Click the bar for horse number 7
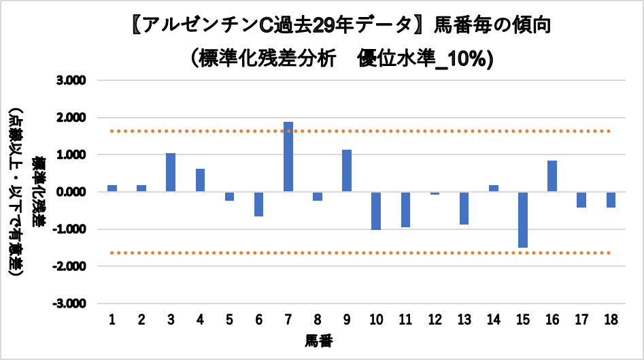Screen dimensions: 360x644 (288, 157)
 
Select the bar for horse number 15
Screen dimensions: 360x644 (523, 220)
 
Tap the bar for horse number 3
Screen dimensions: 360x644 (171, 173)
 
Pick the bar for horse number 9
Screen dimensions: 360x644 (347, 171)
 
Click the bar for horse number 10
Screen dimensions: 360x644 (376, 211)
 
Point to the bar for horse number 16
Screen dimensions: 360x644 (552, 176)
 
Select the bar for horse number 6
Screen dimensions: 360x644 (258, 204)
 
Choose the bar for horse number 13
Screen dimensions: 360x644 (464, 208)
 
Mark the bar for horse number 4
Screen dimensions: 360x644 (200, 180)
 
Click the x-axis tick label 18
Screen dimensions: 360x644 (611, 319)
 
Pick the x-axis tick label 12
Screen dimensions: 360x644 (435, 319)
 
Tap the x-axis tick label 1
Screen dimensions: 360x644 (112, 319)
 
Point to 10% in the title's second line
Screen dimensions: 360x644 (469, 59)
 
